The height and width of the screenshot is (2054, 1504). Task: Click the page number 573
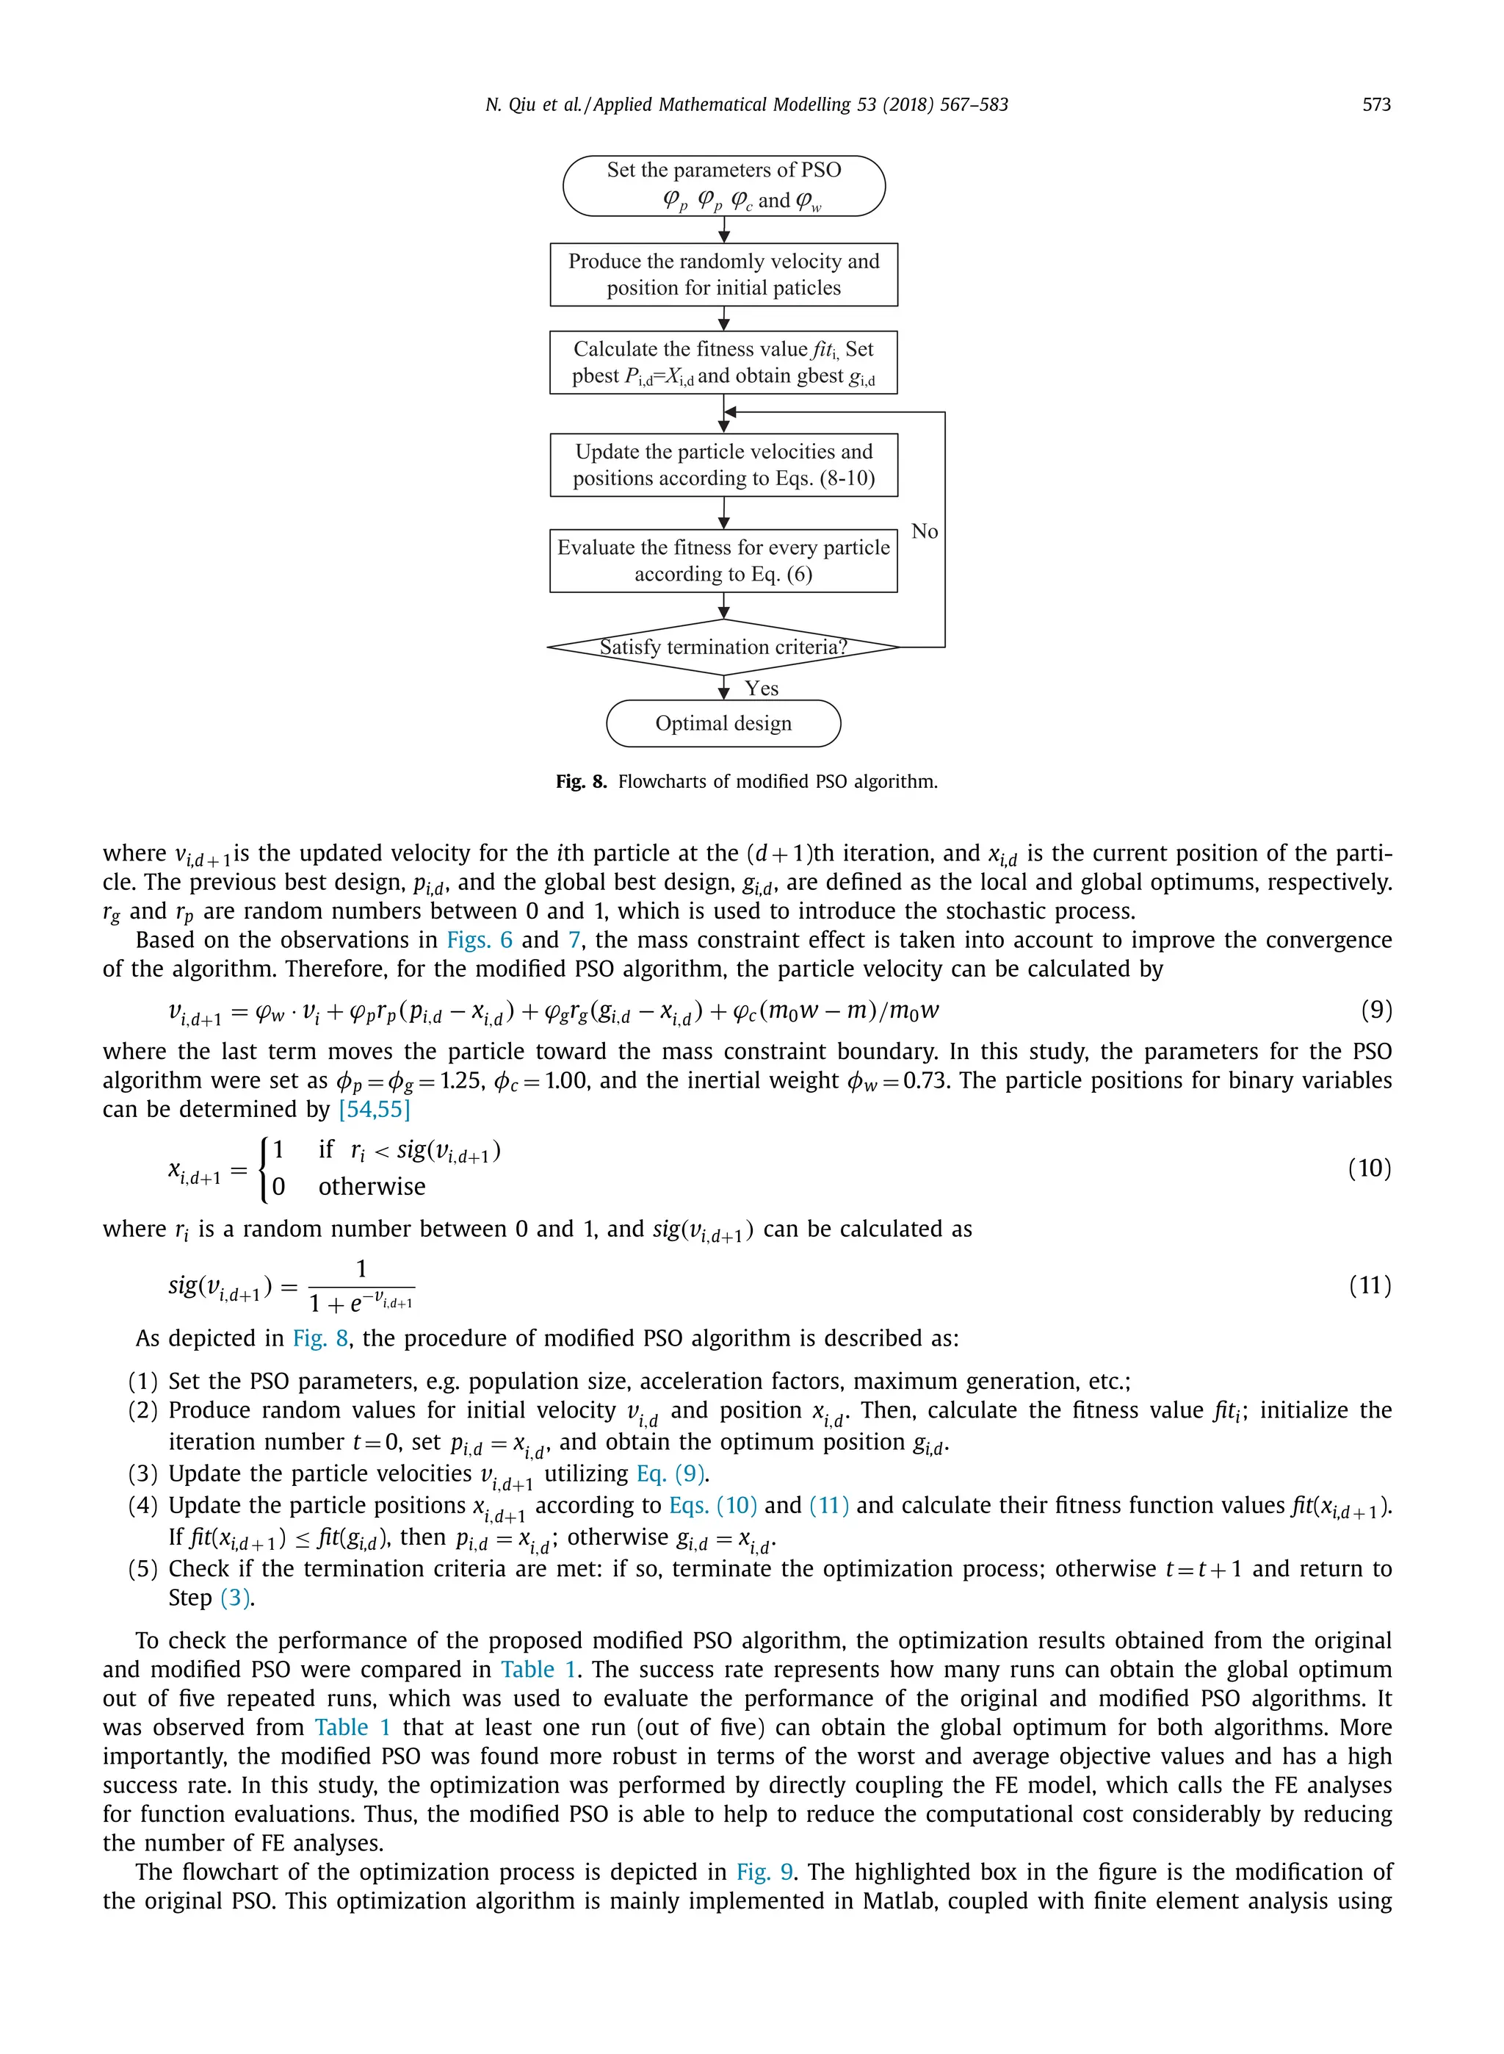[x=1375, y=105]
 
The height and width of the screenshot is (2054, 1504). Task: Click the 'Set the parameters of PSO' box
[x=724, y=185]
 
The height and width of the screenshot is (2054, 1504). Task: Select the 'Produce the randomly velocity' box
[x=724, y=274]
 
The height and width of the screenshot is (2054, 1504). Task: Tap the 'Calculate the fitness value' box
[x=724, y=362]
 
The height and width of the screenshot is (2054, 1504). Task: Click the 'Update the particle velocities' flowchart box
[x=724, y=464]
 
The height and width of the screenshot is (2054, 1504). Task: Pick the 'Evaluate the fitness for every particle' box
[x=724, y=560]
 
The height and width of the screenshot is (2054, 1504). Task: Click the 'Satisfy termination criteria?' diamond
[x=724, y=647]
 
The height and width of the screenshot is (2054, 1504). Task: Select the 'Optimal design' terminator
[x=724, y=723]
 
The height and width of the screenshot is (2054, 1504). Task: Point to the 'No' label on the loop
[x=924, y=531]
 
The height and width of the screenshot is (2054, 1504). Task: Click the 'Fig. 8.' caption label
[x=581, y=781]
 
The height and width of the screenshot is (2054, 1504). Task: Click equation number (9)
[x=1375, y=1009]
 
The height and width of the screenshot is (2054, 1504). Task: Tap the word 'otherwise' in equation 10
[x=372, y=1187]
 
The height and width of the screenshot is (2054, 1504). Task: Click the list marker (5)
[x=143, y=1568]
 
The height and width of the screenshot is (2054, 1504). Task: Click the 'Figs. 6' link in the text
[x=479, y=940]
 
